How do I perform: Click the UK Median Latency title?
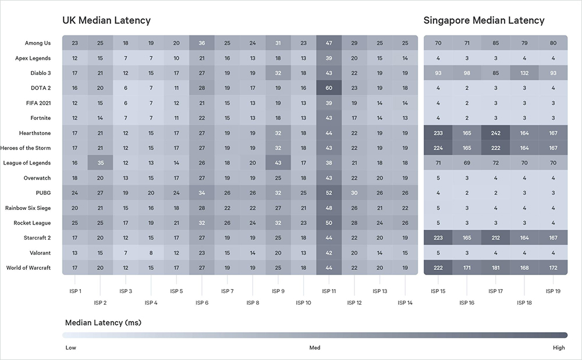click(107, 20)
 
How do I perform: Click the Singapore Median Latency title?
click(484, 20)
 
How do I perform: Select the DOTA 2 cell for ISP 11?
click(329, 88)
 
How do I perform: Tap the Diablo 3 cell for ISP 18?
click(524, 73)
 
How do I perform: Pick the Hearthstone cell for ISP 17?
click(496, 133)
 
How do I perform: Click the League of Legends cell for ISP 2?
click(100, 163)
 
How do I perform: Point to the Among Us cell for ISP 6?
click(201, 43)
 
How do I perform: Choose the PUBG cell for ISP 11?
click(329, 193)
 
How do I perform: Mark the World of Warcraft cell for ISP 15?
click(438, 268)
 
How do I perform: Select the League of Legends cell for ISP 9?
click(278, 163)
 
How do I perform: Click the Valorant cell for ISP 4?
click(151, 253)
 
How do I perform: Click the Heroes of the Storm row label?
click(27, 148)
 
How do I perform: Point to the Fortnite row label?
click(38, 118)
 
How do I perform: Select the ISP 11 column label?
click(329, 291)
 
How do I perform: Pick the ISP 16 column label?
click(467, 302)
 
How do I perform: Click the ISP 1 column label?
click(75, 291)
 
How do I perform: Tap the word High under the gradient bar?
click(559, 348)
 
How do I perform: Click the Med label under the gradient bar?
click(314, 348)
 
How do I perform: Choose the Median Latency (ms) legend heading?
click(103, 322)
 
